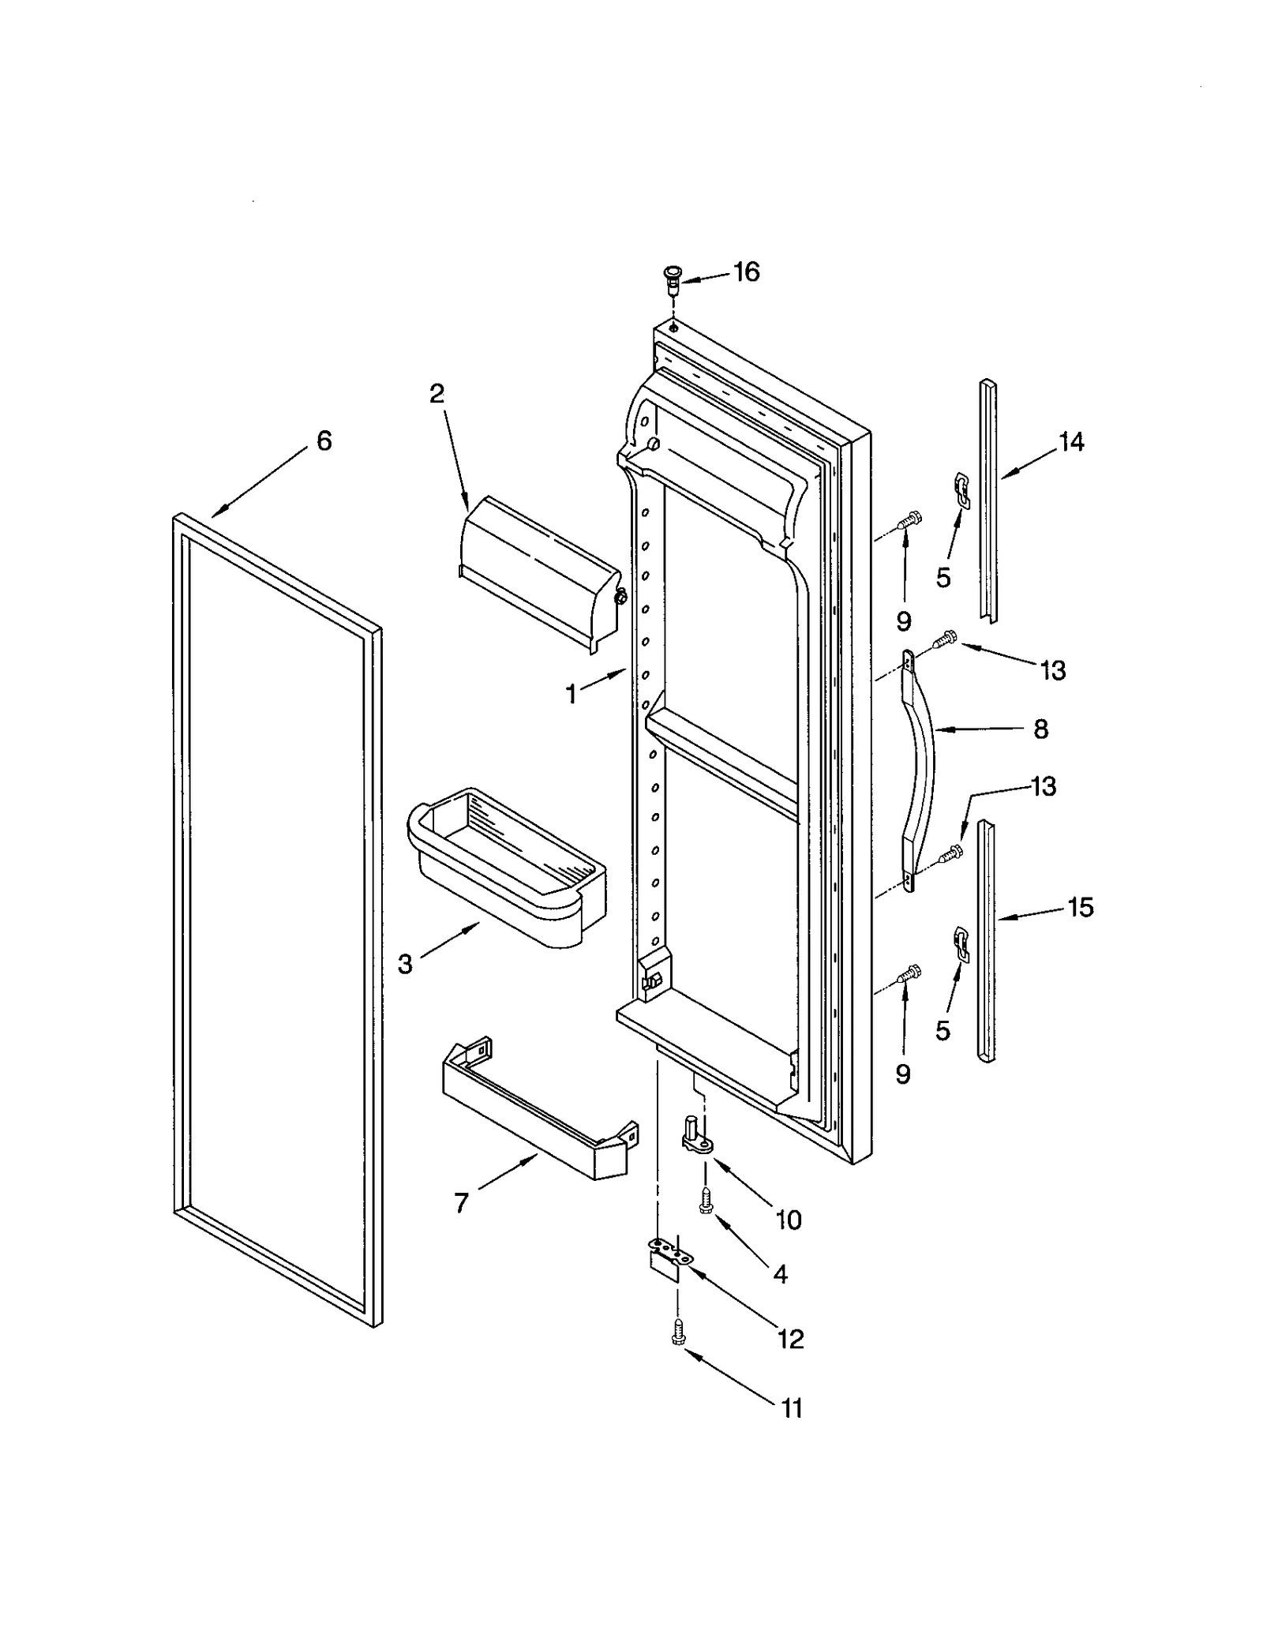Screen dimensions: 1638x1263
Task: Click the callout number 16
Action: [x=746, y=272]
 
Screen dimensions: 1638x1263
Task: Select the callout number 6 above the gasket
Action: [x=324, y=440]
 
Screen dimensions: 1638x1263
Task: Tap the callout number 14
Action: [x=1071, y=442]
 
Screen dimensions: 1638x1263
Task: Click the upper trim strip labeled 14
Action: [x=988, y=497]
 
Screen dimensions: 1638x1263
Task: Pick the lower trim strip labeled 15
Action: [x=986, y=939]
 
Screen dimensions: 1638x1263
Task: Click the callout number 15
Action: [x=1081, y=908]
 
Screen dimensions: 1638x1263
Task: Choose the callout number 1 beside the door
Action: [x=572, y=695]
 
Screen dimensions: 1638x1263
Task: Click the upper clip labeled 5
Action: [x=961, y=488]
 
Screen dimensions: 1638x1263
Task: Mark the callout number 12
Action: [x=790, y=1338]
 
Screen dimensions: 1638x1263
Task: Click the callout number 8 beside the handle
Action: [x=1040, y=729]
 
